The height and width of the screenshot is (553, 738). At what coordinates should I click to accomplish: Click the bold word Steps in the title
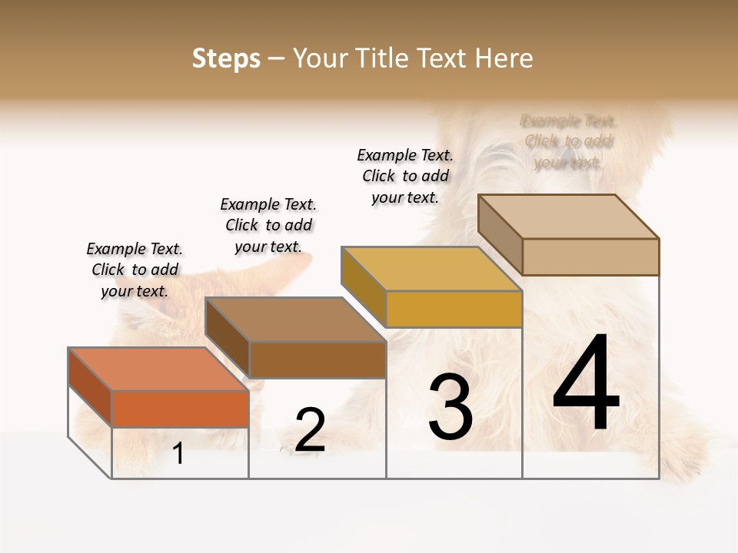[226, 58]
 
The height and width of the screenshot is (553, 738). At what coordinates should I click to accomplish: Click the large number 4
[586, 383]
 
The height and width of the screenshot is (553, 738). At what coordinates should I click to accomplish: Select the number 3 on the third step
[450, 407]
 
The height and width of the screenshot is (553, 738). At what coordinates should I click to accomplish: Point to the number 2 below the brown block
[310, 430]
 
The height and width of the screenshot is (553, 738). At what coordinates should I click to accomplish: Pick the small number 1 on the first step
[178, 454]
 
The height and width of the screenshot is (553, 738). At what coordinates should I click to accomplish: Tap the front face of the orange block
[180, 409]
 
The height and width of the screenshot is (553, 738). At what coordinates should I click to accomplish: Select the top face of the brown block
[295, 319]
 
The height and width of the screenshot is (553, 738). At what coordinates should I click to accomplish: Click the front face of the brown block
[317, 359]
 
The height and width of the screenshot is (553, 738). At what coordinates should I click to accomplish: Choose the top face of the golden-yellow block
[431, 269]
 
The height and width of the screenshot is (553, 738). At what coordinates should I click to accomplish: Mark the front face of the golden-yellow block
[454, 309]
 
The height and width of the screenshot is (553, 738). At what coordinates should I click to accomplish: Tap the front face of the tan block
[590, 257]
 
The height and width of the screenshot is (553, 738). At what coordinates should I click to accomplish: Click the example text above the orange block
[135, 270]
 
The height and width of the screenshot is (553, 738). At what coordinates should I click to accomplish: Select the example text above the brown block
[268, 225]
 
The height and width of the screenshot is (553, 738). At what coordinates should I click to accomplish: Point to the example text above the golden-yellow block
[405, 176]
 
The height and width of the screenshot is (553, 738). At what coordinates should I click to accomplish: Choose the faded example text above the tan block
[569, 141]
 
